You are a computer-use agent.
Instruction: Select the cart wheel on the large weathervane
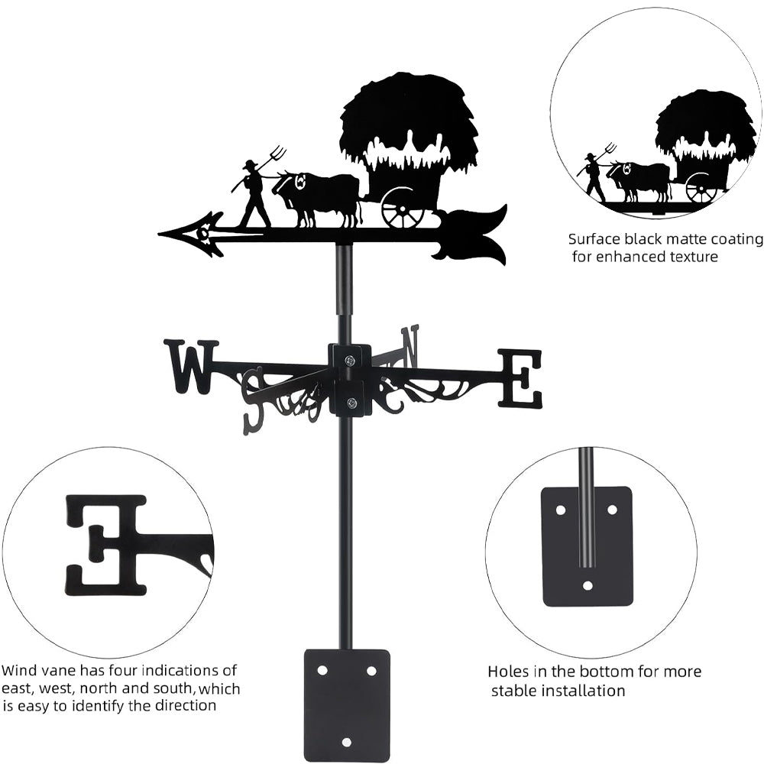coord(403,207)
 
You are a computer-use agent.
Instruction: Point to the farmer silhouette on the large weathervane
coord(254,195)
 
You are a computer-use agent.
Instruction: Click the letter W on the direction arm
coord(191,367)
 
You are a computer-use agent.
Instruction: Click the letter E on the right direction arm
coord(520,378)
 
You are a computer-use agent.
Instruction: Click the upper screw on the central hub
coord(349,360)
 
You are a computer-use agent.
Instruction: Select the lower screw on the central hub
coord(351,403)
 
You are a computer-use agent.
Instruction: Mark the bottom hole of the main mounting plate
coord(347,742)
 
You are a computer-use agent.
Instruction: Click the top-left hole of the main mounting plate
coord(322,670)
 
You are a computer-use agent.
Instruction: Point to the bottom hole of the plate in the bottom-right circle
coord(587,586)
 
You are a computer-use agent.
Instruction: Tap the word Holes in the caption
coord(509,672)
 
